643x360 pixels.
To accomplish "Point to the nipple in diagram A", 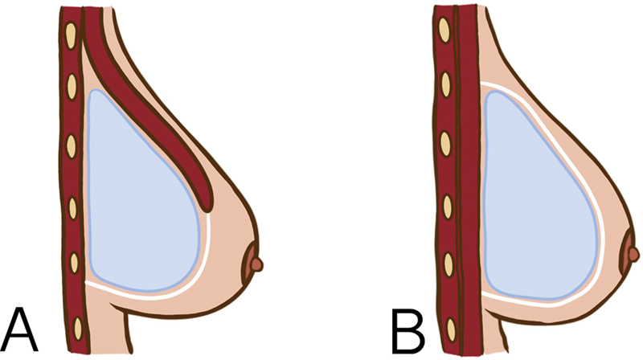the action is pos(256,262).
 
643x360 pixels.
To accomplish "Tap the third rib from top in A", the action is pos(72,145).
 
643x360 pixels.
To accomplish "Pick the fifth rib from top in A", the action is pos(74,265).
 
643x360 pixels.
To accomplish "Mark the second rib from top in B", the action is pos(443,84).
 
